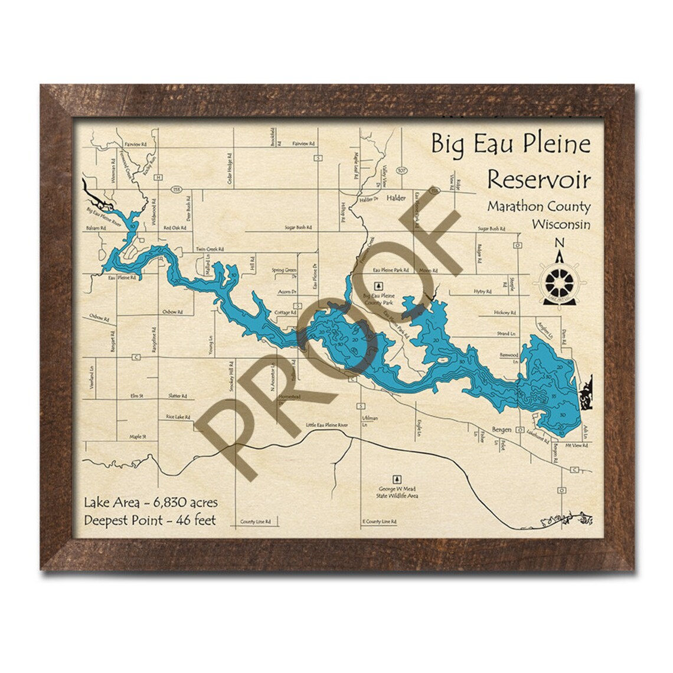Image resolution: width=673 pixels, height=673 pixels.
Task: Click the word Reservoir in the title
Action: point(537,179)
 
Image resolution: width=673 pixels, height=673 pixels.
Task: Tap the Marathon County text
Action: point(538,207)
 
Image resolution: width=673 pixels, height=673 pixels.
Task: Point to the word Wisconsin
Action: point(560,224)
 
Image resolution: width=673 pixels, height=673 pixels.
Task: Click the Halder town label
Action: point(396,199)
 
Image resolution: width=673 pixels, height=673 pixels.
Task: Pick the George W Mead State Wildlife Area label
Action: point(398,492)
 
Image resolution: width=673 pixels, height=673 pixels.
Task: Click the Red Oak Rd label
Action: point(175,227)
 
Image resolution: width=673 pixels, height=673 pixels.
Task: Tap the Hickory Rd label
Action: point(507,312)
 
